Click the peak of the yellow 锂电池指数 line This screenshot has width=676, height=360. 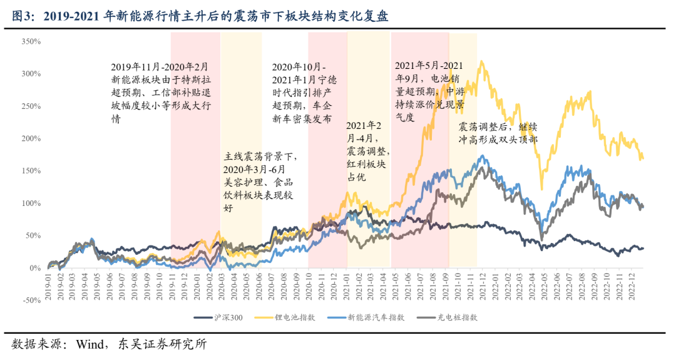[x=481, y=61]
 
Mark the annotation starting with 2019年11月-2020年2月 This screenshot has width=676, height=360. [x=160, y=93]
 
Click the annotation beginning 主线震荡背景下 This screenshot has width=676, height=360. [x=259, y=182]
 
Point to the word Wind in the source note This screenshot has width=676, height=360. [x=91, y=344]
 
